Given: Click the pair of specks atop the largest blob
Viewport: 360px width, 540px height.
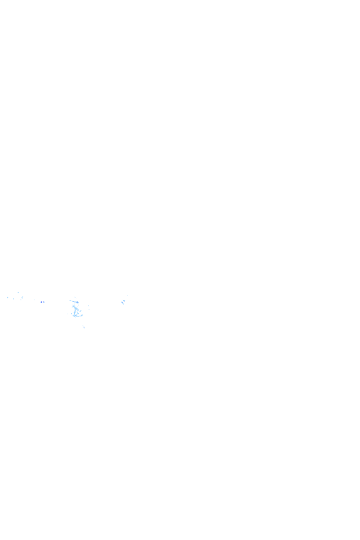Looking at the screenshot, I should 75,298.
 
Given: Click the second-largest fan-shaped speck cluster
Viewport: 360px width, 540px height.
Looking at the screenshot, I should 123,301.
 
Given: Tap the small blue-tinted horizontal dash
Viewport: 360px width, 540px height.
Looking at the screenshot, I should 42,302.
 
